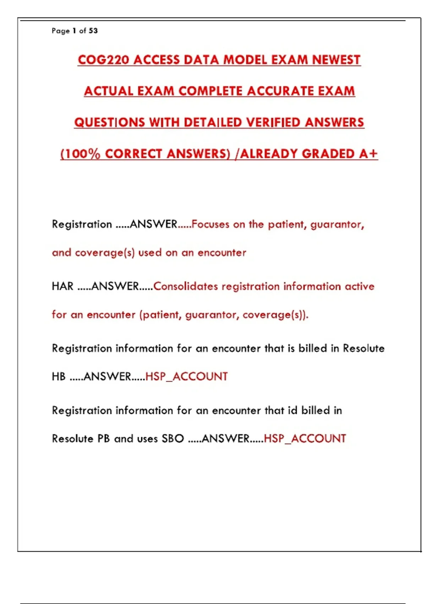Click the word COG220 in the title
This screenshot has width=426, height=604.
103,60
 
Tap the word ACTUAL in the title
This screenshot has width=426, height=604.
109,91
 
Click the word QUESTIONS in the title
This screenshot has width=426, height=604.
110,122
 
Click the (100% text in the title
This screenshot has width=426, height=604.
81,153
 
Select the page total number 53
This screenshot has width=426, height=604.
93,31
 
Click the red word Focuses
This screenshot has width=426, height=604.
210,224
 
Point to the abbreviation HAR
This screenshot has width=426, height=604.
62,286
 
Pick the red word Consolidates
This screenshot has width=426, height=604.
185,286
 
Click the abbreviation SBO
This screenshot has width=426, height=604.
173,438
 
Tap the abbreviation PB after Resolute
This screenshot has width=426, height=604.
104,438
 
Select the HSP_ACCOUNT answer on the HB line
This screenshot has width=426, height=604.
186,376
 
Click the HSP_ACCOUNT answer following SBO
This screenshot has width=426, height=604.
305,438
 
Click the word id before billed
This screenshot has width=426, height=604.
292,410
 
